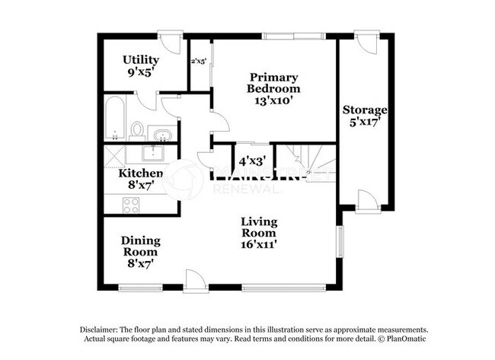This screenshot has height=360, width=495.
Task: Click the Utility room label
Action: (141, 59)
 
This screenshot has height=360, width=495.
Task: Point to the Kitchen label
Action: (141, 174)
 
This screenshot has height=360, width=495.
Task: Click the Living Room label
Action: (259, 227)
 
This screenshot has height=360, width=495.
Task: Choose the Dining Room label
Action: (140, 246)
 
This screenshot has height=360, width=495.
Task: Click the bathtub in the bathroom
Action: (116, 117)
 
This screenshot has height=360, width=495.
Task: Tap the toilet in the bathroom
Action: (137, 130)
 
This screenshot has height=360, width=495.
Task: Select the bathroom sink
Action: (161, 135)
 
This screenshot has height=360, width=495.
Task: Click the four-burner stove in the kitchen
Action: (131, 204)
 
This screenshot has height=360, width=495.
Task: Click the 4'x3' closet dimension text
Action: (251, 161)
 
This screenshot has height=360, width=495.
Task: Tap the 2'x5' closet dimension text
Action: (199, 62)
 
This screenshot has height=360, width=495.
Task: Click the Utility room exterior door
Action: (169, 40)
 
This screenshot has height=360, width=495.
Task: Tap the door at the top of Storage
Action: (366, 41)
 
